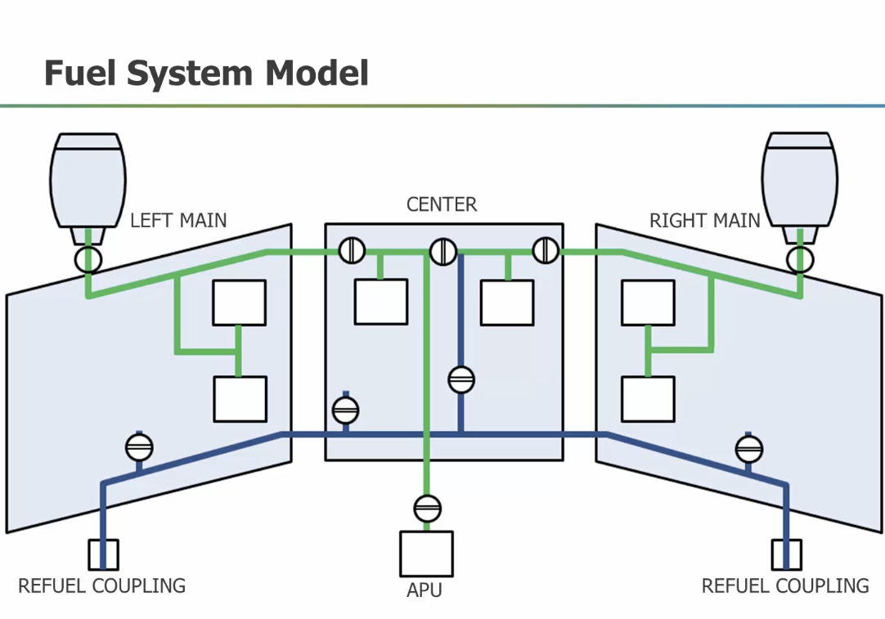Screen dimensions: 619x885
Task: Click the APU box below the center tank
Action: (425, 554)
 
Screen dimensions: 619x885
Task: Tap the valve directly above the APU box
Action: (427, 509)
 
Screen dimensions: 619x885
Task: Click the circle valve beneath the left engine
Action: (87, 260)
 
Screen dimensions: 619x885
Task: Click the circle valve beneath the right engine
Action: (800, 260)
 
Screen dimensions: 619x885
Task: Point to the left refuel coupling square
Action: (103, 554)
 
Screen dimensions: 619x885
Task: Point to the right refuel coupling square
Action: (786, 554)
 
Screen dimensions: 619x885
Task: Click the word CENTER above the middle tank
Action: (442, 204)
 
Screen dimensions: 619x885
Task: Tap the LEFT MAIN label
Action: (178, 220)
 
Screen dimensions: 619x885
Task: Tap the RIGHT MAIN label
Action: (704, 220)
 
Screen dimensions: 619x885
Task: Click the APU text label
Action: (425, 590)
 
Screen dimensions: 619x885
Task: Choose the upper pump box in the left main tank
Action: (240, 303)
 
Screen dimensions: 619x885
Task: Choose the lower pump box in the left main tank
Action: (240, 399)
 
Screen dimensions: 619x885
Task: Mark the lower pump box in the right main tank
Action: (648, 399)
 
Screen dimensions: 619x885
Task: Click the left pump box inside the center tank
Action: (380, 302)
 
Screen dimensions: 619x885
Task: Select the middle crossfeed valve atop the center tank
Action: (442, 251)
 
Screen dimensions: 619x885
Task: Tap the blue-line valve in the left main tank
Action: (139, 447)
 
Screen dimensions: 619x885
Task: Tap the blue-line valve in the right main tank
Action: (748, 448)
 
